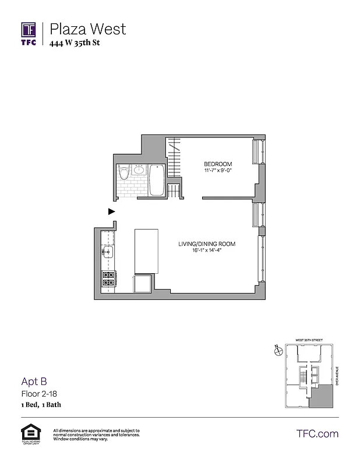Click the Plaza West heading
(x=87, y=29)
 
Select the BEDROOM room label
(x=218, y=163)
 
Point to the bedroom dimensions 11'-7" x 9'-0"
(x=218, y=171)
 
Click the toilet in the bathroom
(x=123, y=175)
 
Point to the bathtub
(x=157, y=181)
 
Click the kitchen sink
(x=108, y=252)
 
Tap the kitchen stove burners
(x=108, y=279)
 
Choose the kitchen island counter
(x=147, y=250)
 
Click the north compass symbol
(x=278, y=351)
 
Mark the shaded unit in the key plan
(x=321, y=397)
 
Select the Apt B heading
(x=34, y=382)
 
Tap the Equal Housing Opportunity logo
(x=29, y=435)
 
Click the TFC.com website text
(x=317, y=433)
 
